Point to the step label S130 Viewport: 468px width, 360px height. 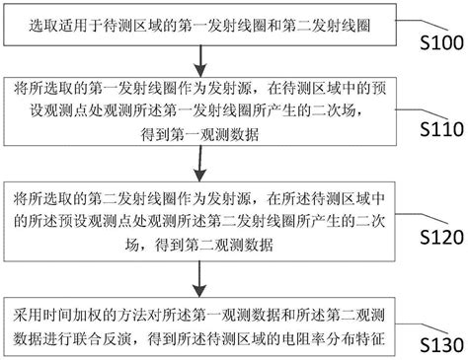(x=435, y=343)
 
